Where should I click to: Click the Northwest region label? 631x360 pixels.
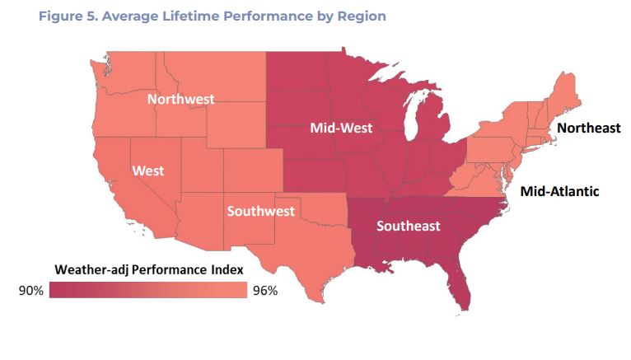180,99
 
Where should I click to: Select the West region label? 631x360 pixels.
148,171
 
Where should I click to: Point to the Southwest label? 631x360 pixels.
260,211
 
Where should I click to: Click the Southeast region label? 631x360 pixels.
409,226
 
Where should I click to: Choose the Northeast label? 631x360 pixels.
589,128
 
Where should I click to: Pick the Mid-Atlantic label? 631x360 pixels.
560,191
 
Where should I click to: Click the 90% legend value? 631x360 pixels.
30,290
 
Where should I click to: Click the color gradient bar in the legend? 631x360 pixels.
148,290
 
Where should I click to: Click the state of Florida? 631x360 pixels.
458,284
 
